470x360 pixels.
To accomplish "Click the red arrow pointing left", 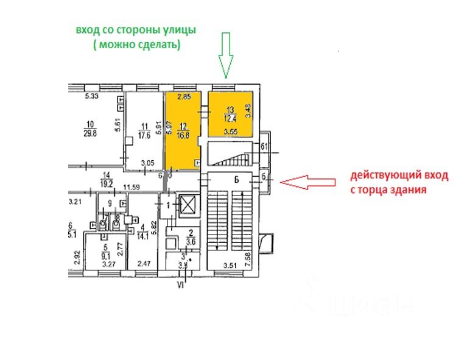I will (x=309, y=182).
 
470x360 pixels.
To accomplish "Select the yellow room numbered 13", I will (x=230, y=113).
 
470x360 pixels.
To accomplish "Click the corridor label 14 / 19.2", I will (x=108, y=177).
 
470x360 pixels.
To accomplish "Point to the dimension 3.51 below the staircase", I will (x=230, y=265).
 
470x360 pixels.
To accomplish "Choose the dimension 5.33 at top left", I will (x=92, y=96).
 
